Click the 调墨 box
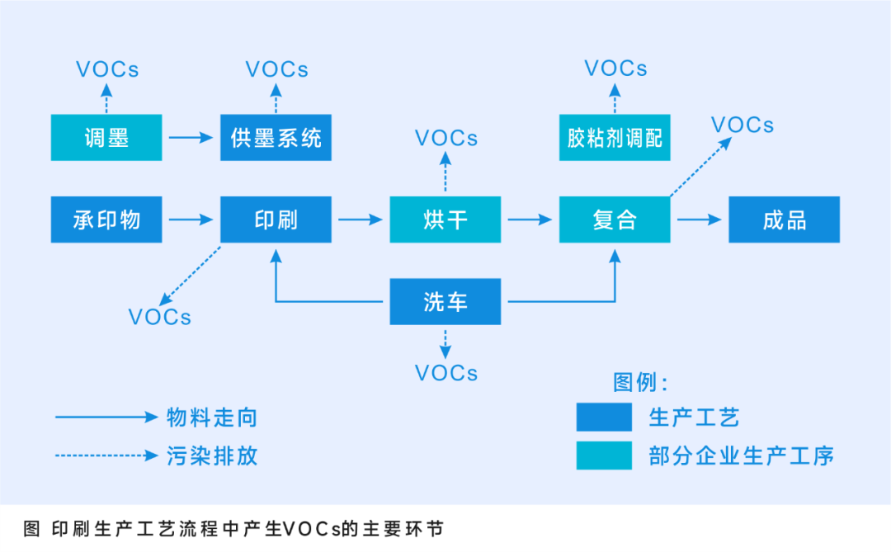(106, 138)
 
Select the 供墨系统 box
(276, 138)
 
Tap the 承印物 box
(106, 219)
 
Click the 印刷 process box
(276, 219)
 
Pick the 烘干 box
(445, 219)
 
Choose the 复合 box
(615, 219)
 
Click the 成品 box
(784, 219)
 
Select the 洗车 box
(445, 301)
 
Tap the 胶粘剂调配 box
(615, 138)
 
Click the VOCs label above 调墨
(107, 69)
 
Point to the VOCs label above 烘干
(446, 138)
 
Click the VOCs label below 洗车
(446, 373)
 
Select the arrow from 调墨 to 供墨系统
(191, 138)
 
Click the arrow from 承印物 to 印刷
(191, 219)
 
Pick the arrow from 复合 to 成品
(699, 219)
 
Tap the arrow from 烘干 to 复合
(530, 219)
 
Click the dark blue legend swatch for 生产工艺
(604, 418)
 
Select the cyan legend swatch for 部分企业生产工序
(604, 455)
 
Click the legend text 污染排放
(212, 456)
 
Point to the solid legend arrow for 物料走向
(106, 418)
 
